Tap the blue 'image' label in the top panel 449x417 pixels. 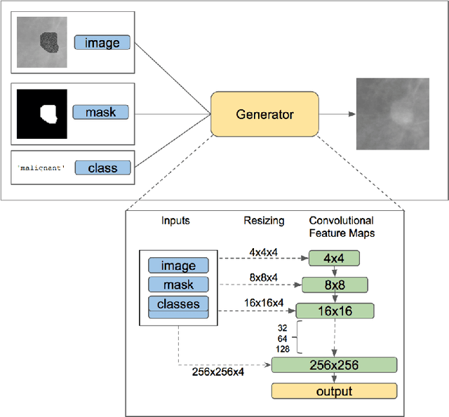[x=102, y=43]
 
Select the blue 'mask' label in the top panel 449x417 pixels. [x=100, y=111]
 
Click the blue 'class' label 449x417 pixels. [x=102, y=168]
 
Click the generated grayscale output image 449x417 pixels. [x=394, y=114]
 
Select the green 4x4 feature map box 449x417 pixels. [x=333, y=258]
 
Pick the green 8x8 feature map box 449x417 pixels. [x=335, y=284]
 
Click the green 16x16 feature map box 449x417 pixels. [x=335, y=310]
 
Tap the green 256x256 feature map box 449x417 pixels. [x=334, y=364]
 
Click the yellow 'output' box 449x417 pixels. [x=334, y=391]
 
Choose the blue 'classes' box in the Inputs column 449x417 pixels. [x=178, y=304]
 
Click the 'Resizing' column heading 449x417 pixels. [x=264, y=221]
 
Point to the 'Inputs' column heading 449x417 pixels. [x=175, y=221]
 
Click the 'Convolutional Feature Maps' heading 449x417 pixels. [x=342, y=226]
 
